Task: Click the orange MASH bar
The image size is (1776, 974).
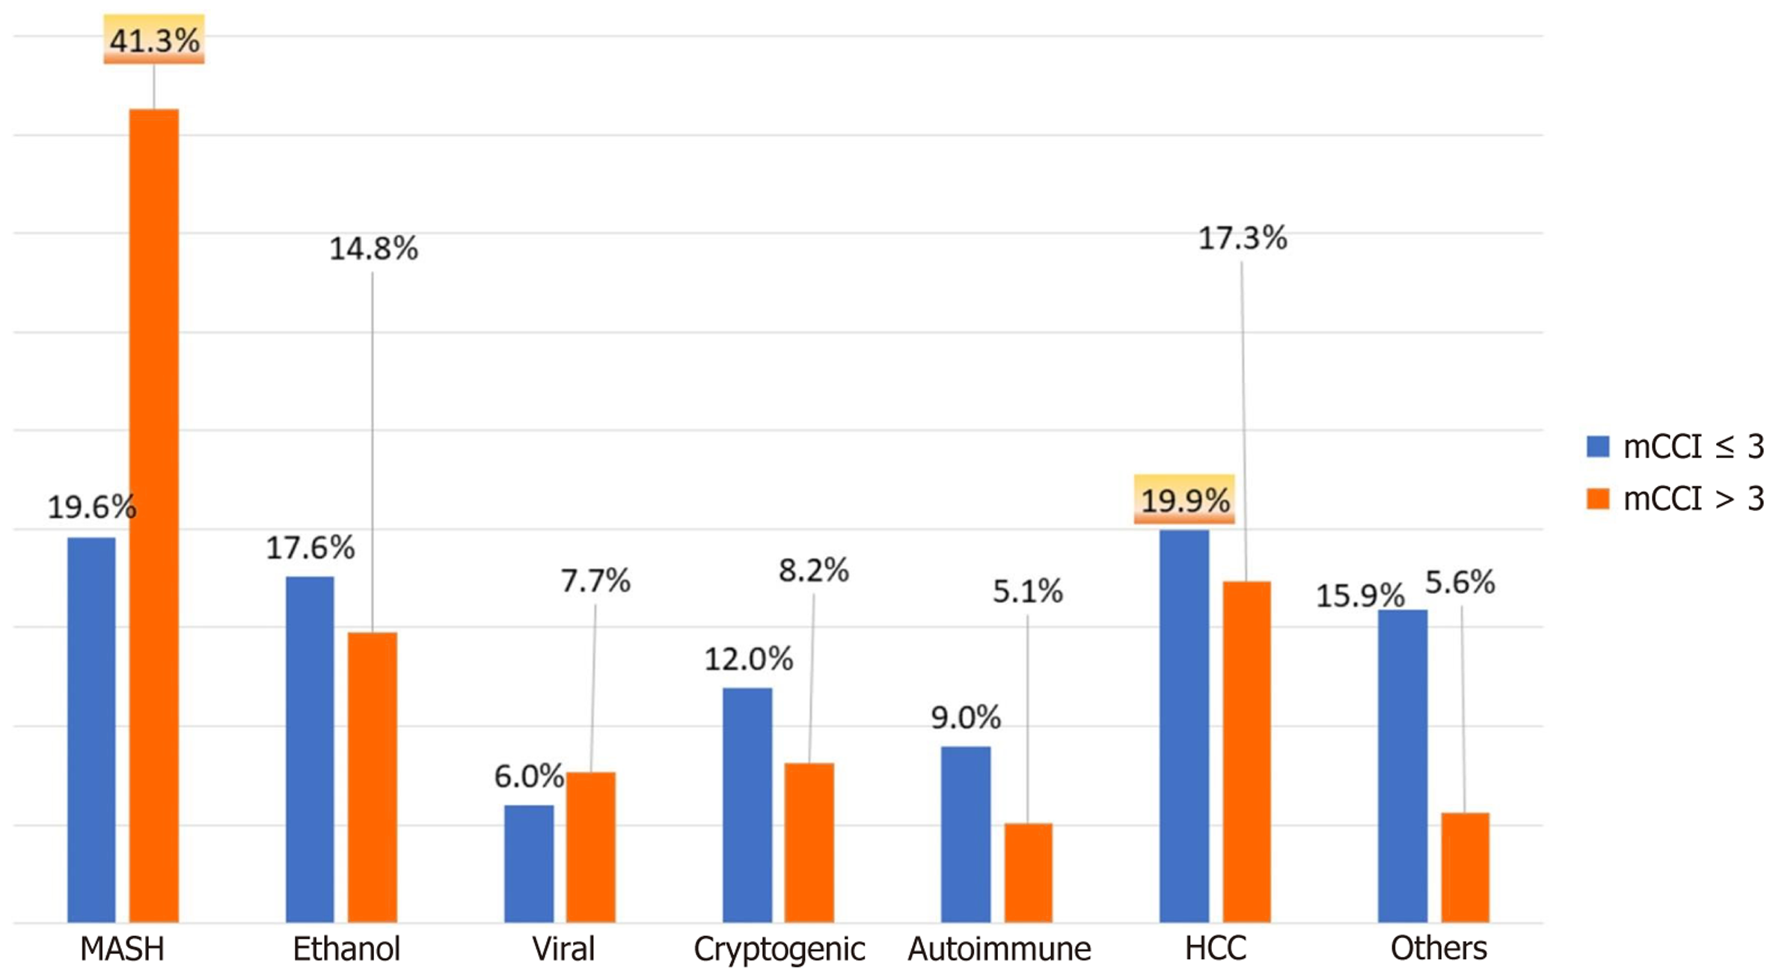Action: (x=154, y=516)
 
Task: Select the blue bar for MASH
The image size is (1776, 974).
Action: (x=91, y=729)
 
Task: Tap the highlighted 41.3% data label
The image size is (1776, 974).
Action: (x=154, y=40)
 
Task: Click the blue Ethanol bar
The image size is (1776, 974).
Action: (x=310, y=748)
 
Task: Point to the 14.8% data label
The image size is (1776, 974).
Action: (x=373, y=249)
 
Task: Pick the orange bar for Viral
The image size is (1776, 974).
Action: (x=590, y=847)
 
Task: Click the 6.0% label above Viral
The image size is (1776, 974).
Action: (x=528, y=777)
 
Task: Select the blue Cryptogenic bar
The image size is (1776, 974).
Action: (x=747, y=804)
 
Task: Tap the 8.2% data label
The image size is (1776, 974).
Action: (x=813, y=571)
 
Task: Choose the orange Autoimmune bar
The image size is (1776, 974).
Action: (x=1028, y=872)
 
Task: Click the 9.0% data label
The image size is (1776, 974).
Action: (x=965, y=718)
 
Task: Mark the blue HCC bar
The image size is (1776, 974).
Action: (x=1184, y=726)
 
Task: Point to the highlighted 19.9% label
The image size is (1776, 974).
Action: (x=1184, y=500)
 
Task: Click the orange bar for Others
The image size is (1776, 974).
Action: (x=1465, y=867)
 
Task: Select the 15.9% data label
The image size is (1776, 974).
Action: (x=1359, y=596)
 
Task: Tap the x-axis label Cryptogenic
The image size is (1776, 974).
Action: (x=779, y=949)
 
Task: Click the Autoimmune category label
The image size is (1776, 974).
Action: (x=999, y=949)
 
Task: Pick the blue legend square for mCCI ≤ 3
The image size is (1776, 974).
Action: (x=1598, y=447)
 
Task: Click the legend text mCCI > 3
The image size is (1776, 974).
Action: (x=1693, y=499)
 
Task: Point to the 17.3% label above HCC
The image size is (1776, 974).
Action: (x=1242, y=239)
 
